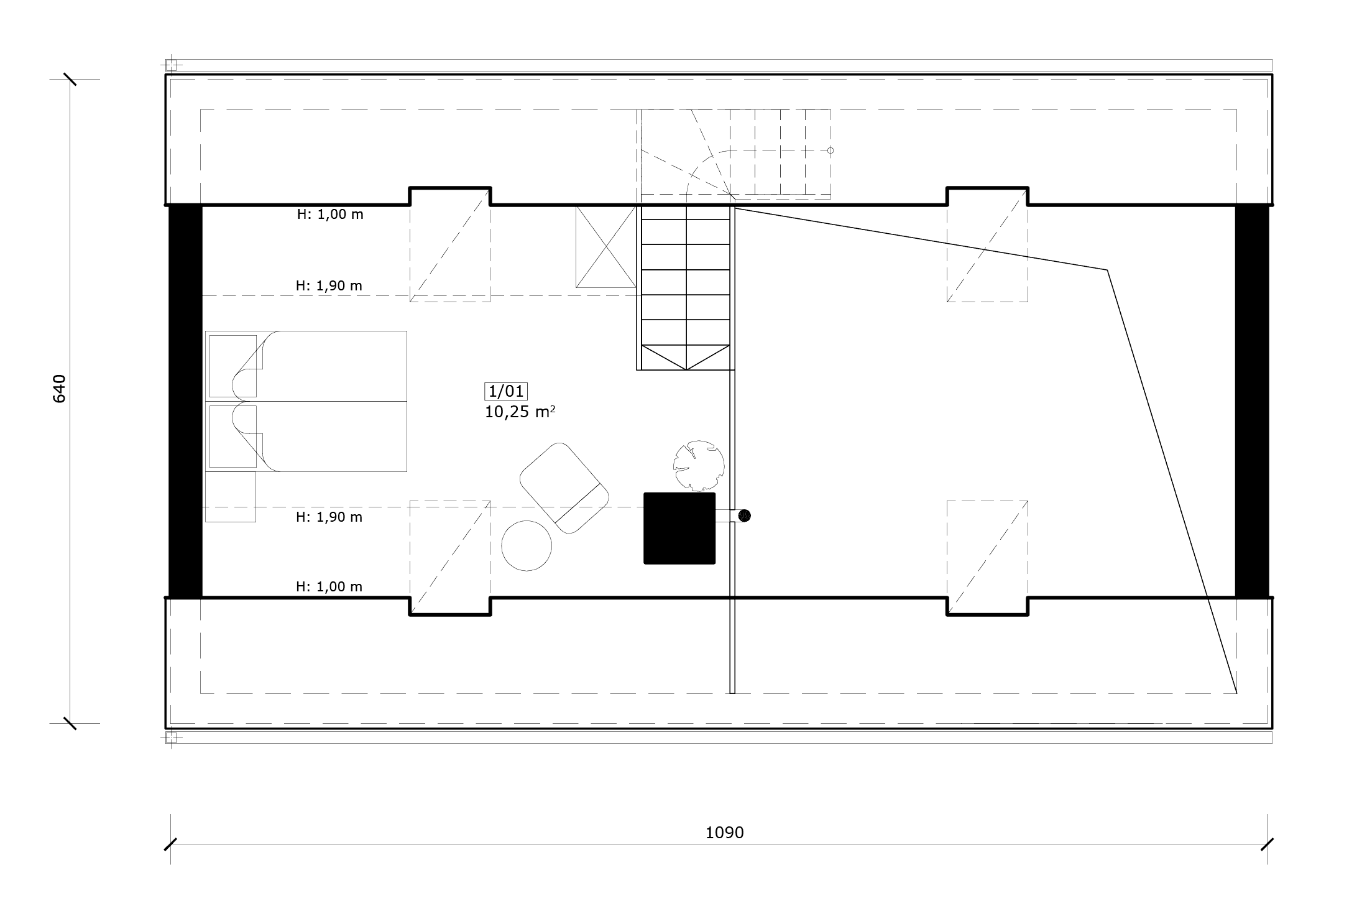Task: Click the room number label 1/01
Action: [x=506, y=391]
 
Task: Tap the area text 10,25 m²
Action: [x=520, y=412]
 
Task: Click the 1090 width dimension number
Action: [x=724, y=833]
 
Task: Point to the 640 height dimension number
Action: [x=60, y=389]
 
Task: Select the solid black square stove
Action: [x=679, y=529]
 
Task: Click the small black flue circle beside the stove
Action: [x=744, y=515]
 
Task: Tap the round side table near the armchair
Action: [x=527, y=545]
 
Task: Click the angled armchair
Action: [x=564, y=488]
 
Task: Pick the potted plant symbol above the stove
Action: [x=699, y=466]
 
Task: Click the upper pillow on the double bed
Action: [x=233, y=366]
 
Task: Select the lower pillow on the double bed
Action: [x=233, y=437]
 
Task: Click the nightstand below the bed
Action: [x=231, y=497]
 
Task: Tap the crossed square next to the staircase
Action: [x=606, y=247]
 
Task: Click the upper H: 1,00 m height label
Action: [x=330, y=215]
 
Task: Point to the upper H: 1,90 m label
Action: [x=329, y=286]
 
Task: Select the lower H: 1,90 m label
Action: [x=329, y=517]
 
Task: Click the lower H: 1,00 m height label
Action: [x=329, y=587]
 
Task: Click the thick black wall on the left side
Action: [x=185, y=401]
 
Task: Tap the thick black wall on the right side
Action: [x=1251, y=401]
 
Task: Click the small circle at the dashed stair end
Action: [x=831, y=150]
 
